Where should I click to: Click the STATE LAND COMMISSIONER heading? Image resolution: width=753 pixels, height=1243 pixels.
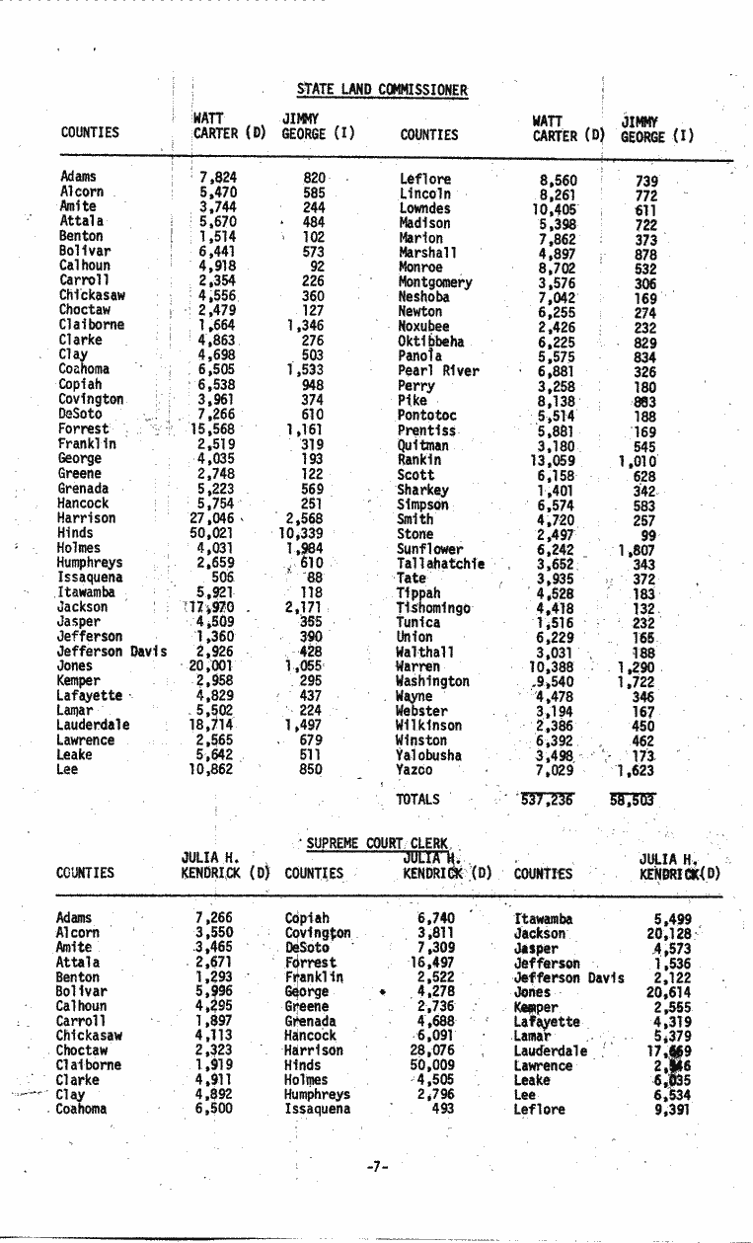pyautogui.click(x=382, y=91)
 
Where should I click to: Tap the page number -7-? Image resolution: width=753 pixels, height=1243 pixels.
pyautogui.click(x=375, y=1166)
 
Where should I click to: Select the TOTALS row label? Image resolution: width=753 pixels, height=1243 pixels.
pyautogui.click(x=417, y=800)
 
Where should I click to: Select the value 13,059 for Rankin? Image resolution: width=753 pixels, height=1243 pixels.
pyautogui.click(x=555, y=459)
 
